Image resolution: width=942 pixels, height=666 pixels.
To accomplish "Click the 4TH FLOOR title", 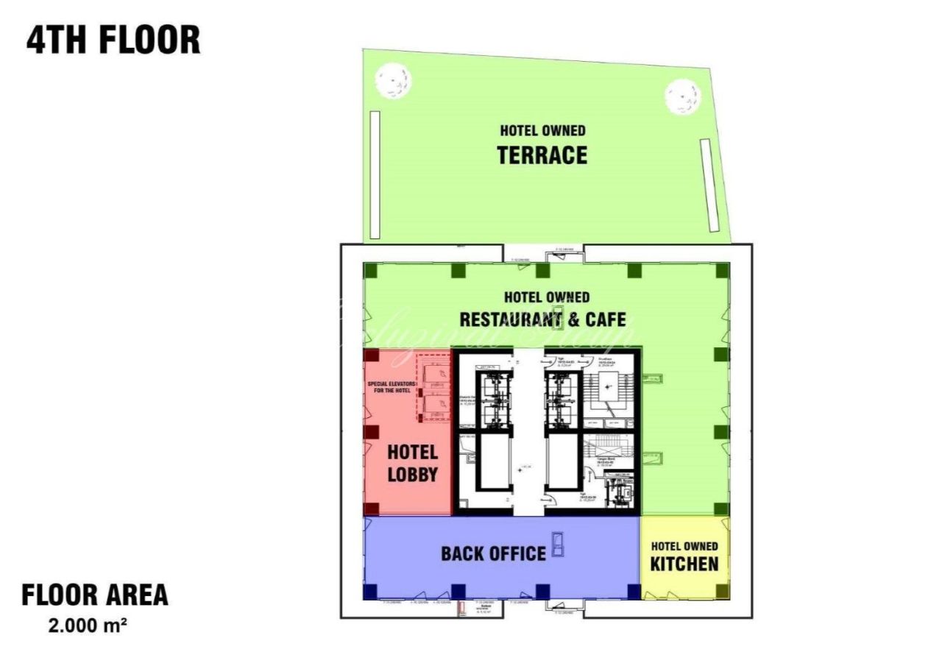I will tap(113, 40).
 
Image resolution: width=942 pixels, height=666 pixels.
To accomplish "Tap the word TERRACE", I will tap(542, 155).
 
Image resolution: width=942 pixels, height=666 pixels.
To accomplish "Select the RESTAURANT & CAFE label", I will tap(542, 319).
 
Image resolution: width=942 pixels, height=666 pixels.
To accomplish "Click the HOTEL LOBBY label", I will tap(412, 463).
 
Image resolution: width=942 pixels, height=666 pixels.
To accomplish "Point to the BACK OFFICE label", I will tap(493, 553).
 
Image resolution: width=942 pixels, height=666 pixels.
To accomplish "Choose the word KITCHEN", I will tap(684, 564).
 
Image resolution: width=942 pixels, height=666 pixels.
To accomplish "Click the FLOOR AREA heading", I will tap(95, 595).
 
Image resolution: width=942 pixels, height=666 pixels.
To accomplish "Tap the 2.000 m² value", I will tap(88, 627).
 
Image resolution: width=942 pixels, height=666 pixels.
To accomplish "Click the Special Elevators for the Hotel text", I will tap(392, 386).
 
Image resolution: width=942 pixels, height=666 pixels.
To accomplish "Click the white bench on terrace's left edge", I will tap(375, 174).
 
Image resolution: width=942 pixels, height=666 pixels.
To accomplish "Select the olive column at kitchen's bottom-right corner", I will tap(723, 590).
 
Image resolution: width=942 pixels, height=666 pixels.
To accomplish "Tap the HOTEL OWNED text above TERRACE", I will tap(542, 131).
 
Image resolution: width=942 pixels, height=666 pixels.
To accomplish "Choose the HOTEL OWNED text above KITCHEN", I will tap(684, 546).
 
